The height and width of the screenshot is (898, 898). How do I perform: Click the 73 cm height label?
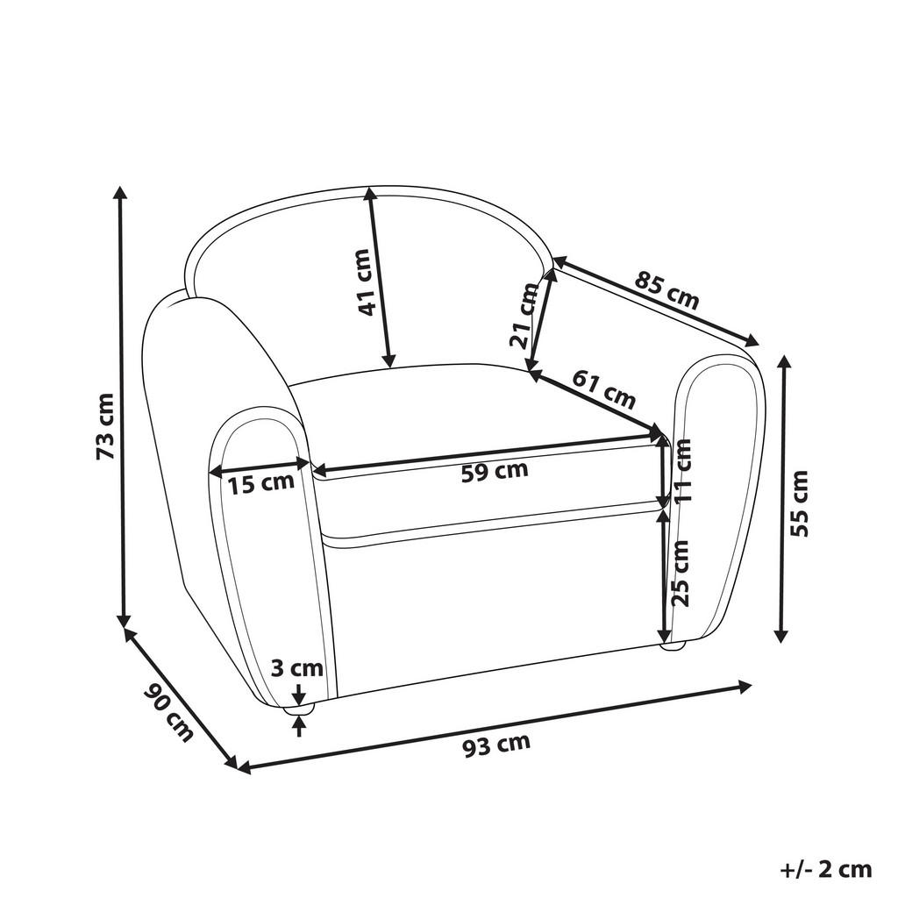click(x=104, y=426)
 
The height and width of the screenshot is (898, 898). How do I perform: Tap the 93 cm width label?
click(x=496, y=745)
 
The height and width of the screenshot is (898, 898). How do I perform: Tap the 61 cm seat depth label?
click(x=604, y=389)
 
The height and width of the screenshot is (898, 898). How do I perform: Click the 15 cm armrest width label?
click(x=261, y=481)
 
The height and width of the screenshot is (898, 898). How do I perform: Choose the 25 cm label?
click(x=680, y=572)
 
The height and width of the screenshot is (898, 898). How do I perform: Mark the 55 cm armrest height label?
click(x=799, y=503)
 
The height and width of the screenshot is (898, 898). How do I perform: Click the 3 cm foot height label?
click(x=298, y=669)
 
